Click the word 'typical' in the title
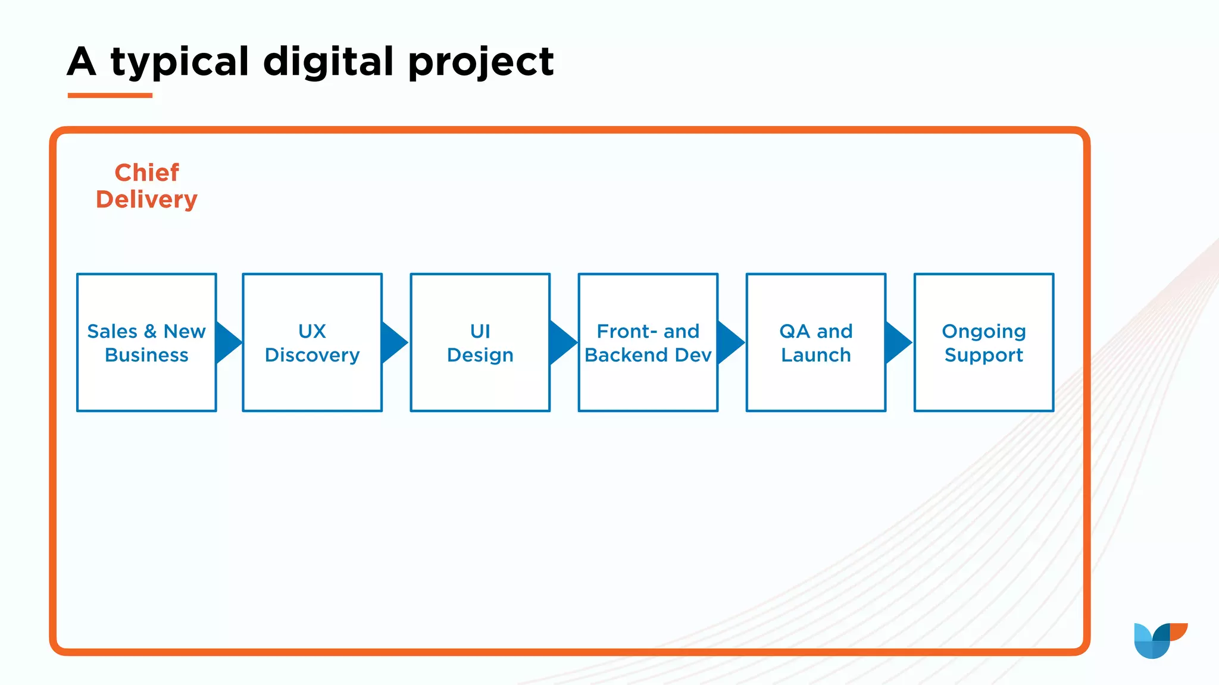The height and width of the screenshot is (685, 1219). (179, 62)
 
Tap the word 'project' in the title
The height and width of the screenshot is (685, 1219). (481, 62)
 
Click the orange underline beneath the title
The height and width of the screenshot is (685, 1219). (110, 95)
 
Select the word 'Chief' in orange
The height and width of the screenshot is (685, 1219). (146, 173)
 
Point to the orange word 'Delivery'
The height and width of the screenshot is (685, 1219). (146, 200)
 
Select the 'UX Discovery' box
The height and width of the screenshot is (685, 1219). (312, 381)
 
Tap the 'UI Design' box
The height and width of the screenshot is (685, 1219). (480, 381)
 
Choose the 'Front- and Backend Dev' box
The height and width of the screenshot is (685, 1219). (648, 381)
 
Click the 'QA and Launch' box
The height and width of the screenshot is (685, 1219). (815, 381)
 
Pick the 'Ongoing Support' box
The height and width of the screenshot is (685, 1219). (983, 381)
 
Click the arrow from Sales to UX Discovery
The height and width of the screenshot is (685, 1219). (227, 342)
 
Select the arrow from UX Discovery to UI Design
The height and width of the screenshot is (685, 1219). (393, 342)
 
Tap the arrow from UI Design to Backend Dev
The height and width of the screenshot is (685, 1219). (561, 342)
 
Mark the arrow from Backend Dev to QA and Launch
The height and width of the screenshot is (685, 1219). (729, 342)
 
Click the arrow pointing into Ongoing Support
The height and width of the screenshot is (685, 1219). (897, 342)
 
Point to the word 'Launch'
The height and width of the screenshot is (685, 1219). (815, 355)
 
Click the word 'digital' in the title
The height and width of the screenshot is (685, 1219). (328, 62)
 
